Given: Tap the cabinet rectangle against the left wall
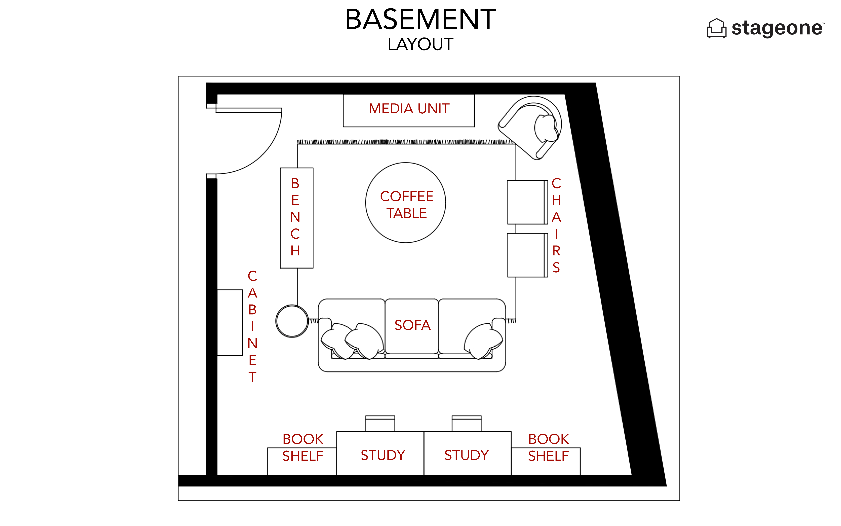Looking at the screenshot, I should (230, 323).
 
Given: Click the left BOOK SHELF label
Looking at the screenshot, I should (303, 447).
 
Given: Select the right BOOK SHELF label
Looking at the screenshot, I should (548, 447).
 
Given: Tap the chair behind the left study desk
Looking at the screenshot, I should (380, 423).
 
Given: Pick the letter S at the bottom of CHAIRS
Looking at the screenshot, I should (556, 268).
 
